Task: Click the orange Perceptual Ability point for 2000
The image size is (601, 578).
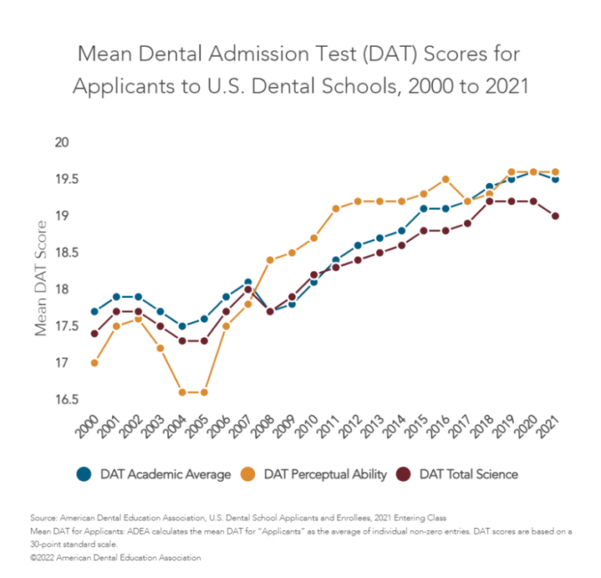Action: [x=95, y=363]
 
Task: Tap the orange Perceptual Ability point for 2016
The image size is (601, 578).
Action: [x=445, y=179]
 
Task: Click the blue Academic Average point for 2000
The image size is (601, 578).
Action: [x=95, y=311]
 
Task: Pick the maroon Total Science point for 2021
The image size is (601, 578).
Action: [x=555, y=216]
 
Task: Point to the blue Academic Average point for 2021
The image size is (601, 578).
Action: [x=555, y=179]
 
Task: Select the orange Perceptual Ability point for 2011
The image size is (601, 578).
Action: [x=336, y=209]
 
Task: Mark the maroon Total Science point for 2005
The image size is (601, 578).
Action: [x=204, y=341]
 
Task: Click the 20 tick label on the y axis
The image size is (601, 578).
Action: [x=62, y=142]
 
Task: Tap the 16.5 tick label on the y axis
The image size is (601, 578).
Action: [x=57, y=400]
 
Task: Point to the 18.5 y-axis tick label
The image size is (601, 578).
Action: [x=57, y=253]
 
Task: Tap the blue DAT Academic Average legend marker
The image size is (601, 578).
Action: [x=85, y=474]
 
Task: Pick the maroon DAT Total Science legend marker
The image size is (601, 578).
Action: [x=406, y=474]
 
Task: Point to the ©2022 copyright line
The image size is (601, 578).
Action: [x=116, y=558]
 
